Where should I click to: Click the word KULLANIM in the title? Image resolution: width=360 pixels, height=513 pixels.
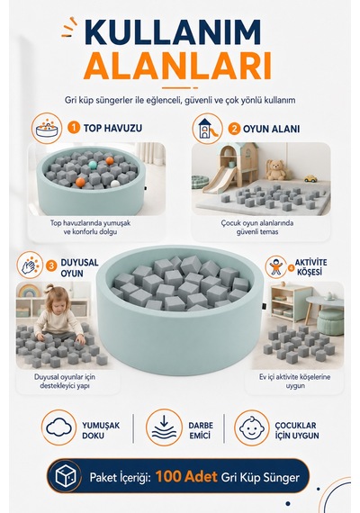click(173, 32)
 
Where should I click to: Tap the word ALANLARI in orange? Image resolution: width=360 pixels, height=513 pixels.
click(177, 66)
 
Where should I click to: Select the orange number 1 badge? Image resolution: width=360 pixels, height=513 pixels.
click(74, 127)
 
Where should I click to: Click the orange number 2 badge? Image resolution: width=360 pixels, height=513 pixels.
click(234, 129)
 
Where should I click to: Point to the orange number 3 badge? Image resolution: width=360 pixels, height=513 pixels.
click(51, 266)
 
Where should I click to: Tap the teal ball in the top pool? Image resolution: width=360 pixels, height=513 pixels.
click(94, 164)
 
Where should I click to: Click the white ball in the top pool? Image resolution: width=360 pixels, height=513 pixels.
click(115, 184)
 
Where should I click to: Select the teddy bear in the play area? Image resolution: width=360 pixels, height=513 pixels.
click(275, 170)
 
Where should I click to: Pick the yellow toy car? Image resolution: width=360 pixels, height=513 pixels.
click(310, 178)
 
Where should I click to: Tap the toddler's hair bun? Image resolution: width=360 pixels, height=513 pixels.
click(49, 288)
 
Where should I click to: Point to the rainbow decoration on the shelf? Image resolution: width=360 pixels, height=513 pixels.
click(29, 291)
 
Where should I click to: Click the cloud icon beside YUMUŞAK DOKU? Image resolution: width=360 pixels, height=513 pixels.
click(58, 427)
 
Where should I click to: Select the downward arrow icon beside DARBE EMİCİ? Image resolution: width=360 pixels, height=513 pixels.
click(164, 427)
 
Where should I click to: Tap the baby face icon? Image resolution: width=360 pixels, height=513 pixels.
click(252, 427)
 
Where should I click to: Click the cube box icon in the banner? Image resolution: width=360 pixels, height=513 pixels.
click(66, 476)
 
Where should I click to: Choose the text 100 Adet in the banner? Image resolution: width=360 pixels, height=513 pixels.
click(186, 477)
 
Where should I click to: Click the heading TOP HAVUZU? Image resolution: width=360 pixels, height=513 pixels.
click(112, 128)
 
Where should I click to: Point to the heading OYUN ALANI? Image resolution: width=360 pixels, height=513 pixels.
click(271, 129)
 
